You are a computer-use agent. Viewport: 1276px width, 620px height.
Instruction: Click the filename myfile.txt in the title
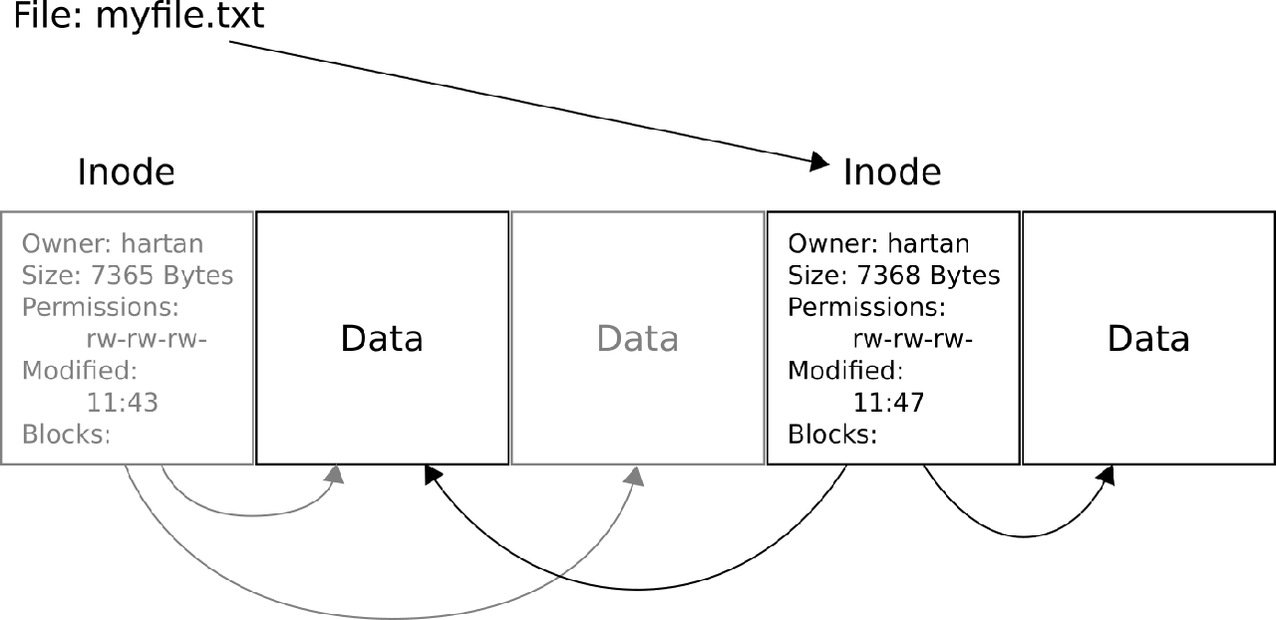[x=179, y=17]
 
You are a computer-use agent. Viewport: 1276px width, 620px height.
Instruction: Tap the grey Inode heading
[x=126, y=172]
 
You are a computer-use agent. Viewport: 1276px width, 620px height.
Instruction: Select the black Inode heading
[x=892, y=172]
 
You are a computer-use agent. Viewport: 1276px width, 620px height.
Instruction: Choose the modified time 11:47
[x=888, y=403]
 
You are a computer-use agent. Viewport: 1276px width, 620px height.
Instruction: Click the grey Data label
[x=638, y=339]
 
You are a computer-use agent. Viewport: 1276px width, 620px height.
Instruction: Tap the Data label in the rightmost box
[x=1148, y=339]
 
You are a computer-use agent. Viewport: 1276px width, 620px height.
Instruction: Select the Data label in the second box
[x=382, y=339]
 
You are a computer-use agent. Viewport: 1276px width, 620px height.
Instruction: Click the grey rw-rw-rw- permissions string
[x=147, y=339]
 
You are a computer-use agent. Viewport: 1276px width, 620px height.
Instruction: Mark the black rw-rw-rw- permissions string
[x=913, y=339]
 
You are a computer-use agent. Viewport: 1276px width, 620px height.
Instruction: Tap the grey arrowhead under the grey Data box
[x=634, y=475]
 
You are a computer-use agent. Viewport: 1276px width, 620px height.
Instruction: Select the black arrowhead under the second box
[x=432, y=475]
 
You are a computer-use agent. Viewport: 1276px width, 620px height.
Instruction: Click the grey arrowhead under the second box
[x=336, y=475]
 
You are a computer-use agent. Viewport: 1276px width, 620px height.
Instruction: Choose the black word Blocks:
[x=832, y=435]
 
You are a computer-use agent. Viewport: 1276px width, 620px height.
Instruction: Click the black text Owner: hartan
[x=878, y=244]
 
